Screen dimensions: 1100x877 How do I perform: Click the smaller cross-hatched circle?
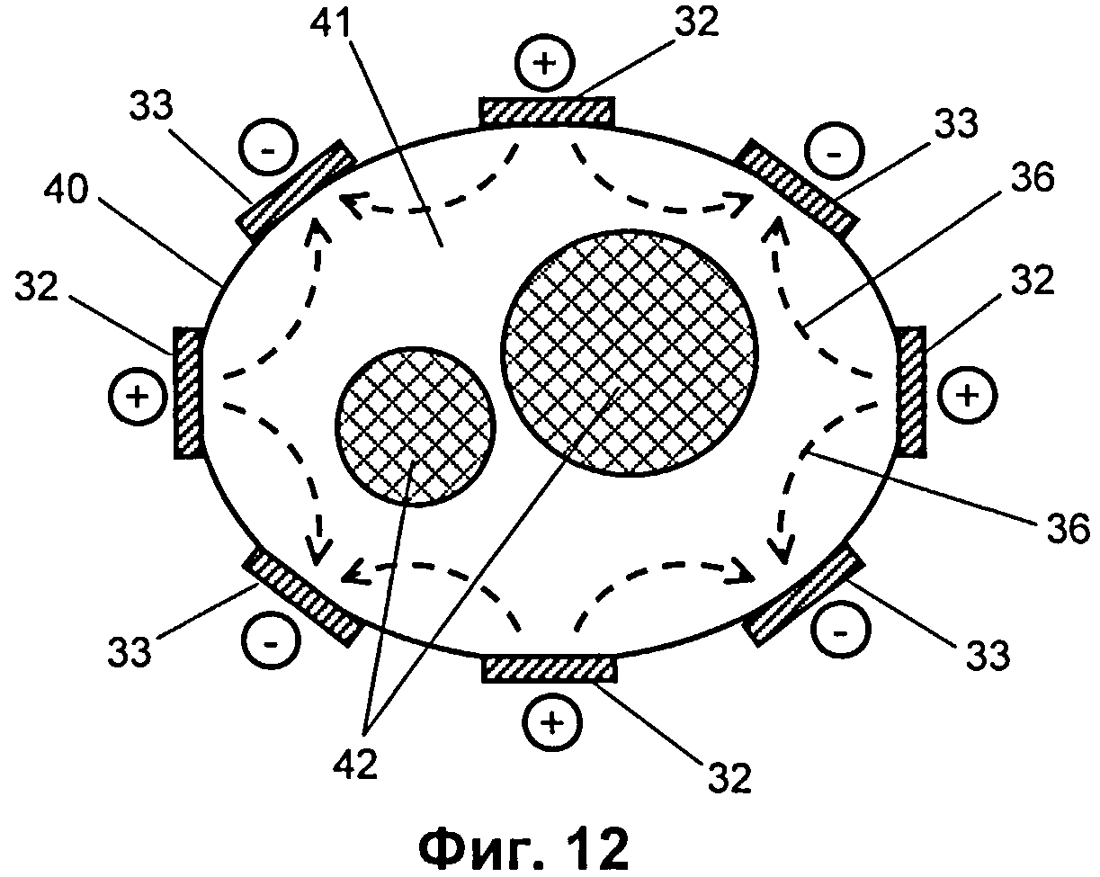[x=416, y=425]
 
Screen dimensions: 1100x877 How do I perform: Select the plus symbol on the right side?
[x=967, y=395]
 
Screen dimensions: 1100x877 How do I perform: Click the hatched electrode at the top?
[x=546, y=112]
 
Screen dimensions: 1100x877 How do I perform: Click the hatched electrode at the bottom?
[x=550, y=669]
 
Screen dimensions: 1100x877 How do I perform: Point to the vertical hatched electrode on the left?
[x=187, y=394]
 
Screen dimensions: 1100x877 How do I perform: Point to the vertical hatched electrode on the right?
[x=912, y=390]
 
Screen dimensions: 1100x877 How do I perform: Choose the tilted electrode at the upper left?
[x=294, y=187]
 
